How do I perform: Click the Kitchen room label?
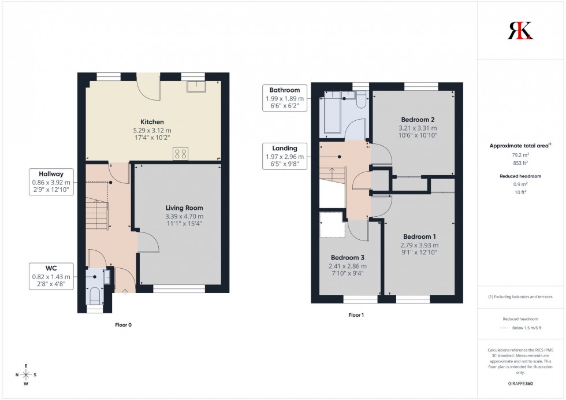coord(152,122)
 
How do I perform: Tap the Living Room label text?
coord(184,208)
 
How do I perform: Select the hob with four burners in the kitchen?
coord(180,153)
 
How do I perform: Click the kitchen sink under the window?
coord(196,86)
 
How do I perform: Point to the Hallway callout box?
coord(51,182)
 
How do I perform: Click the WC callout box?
coord(51,277)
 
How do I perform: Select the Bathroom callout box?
coord(284,98)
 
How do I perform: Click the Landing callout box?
coord(284,156)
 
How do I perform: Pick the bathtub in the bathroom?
coord(332,112)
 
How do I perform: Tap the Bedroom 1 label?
coord(419,237)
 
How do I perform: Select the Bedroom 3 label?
coord(348,258)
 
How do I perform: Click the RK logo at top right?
coord(520,31)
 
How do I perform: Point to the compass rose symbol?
coord(26,375)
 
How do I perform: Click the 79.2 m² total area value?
coord(520,155)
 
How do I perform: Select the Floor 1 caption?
coord(356,315)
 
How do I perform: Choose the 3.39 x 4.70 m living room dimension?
coord(184,216)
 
